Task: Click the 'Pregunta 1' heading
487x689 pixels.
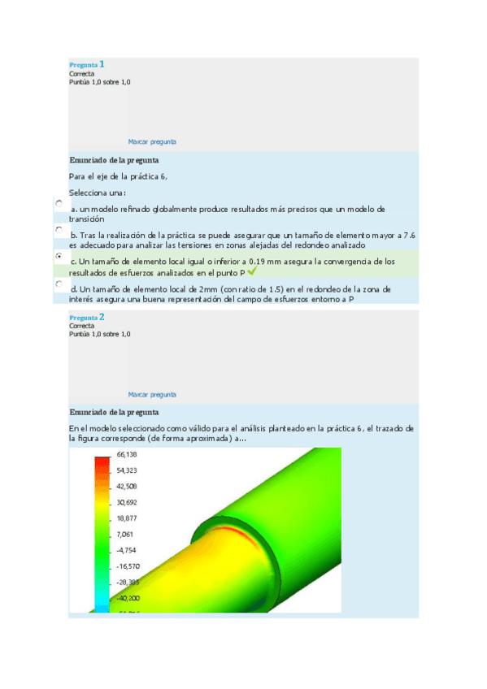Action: pos(86,64)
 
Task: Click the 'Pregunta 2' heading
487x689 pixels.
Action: pos(86,317)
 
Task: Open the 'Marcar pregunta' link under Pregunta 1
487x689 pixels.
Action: pos(152,141)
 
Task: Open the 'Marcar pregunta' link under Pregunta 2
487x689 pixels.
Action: pos(152,394)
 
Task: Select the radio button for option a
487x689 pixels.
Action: pos(59,203)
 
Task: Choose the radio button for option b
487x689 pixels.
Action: pos(59,230)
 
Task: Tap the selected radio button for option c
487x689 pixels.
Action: pos(59,255)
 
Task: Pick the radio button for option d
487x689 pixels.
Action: pos(59,284)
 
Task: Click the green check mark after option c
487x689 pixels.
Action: pos(252,272)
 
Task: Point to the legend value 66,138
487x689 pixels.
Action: pos(126,455)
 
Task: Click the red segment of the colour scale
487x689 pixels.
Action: pos(102,466)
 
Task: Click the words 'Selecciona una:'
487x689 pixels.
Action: pos(98,193)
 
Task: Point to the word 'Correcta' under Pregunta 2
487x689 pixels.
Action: pos(82,326)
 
